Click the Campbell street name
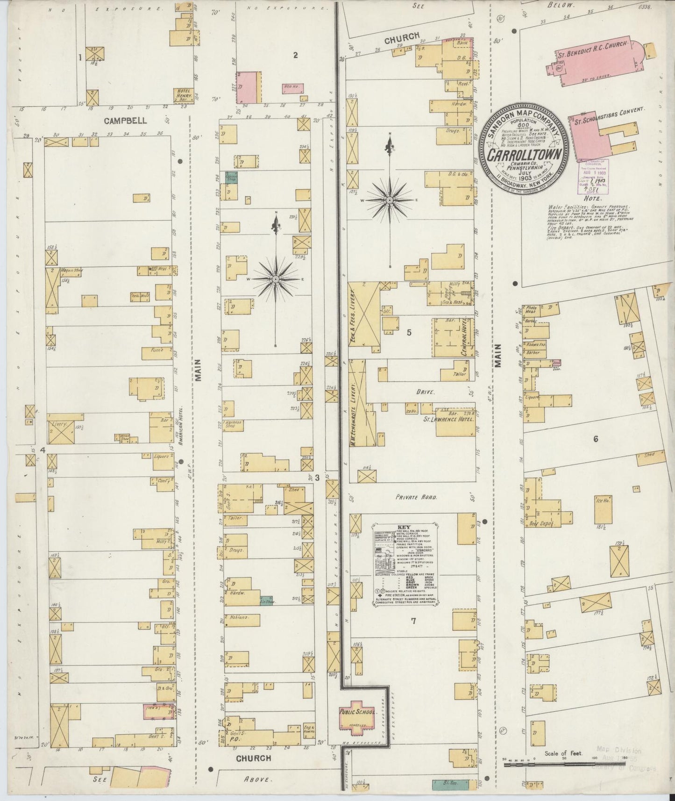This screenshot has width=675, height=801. [x=125, y=121]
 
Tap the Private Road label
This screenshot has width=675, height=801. [x=415, y=498]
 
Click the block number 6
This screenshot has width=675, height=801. [x=596, y=439]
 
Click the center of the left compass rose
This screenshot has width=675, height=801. [x=276, y=279]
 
